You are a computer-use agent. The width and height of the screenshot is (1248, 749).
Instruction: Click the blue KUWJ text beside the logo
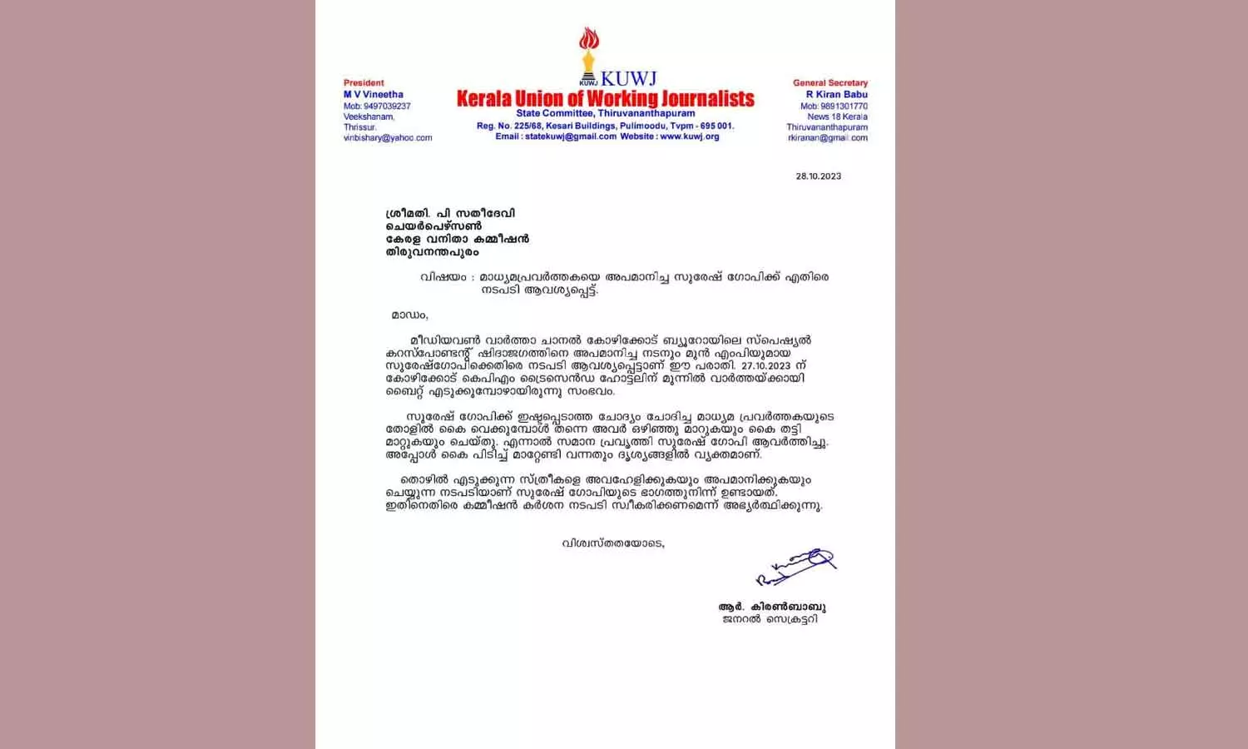[628, 79]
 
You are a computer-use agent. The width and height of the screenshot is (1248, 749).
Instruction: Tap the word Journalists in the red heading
[707, 99]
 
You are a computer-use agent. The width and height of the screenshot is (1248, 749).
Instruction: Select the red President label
[364, 83]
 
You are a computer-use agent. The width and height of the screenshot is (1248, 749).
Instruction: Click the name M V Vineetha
[374, 95]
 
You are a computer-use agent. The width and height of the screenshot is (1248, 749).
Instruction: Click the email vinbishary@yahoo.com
[388, 138]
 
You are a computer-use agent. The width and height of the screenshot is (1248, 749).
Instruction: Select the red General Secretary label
[830, 83]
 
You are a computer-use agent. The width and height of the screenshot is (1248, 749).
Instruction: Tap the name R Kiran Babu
[836, 95]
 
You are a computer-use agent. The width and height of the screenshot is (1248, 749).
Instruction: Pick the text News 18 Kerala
[837, 117]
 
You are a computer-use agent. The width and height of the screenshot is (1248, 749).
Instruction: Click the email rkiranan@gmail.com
[827, 138]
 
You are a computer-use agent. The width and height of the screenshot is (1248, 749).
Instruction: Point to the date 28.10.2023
[818, 176]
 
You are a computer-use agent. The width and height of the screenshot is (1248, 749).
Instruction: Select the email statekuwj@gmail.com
[571, 136]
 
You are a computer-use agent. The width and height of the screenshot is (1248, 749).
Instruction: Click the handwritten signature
[795, 566]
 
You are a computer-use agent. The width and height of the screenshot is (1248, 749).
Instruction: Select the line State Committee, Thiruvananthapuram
[605, 113]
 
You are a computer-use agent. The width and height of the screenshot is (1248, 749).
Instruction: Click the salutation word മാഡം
[409, 315]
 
